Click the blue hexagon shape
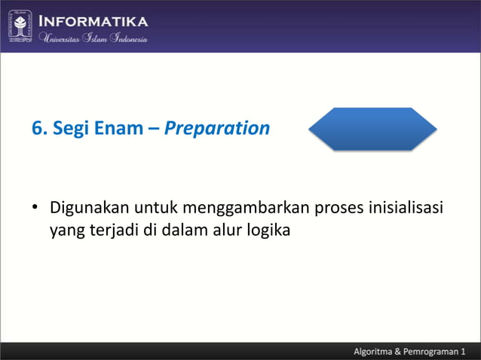pos(372,129)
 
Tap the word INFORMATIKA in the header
pos(93,21)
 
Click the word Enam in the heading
pos(118,129)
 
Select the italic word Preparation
pos(216,129)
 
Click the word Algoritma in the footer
pos(379,352)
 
